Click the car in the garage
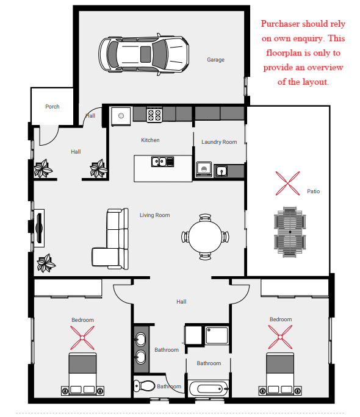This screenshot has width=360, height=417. (x=144, y=54)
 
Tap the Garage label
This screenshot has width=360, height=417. (x=215, y=60)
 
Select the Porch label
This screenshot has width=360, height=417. (x=52, y=107)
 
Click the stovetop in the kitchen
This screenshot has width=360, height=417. (x=154, y=115)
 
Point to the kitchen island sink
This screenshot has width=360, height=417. (x=162, y=162)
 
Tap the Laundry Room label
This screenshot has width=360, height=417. (x=219, y=142)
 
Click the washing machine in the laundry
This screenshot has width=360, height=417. (x=204, y=169)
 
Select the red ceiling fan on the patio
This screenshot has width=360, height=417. (x=287, y=184)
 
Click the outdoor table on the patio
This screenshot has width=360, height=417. (x=290, y=232)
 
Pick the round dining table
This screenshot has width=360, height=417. (x=205, y=237)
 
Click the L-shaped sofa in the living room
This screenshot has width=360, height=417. (x=110, y=238)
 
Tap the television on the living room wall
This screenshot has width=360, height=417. (x=40, y=228)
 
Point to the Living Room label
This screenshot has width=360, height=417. (x=154, y=215)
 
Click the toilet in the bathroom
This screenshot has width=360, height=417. (x=144, y=386)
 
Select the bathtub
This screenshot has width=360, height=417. (x=209, y=389)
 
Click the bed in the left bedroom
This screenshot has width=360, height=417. (x=82, y=374)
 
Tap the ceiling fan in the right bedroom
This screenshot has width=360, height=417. (x=280, y=337)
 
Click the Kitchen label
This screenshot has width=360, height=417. (x=150, y=140)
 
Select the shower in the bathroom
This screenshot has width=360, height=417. (x=217, y=336)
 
